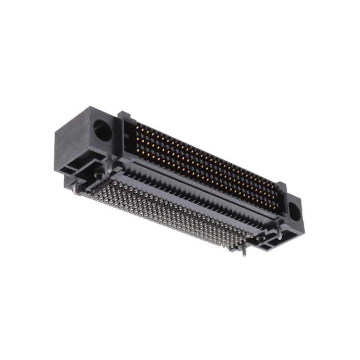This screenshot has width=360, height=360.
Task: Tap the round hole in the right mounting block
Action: (294, 212)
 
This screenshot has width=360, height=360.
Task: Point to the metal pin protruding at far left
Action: (74, 188)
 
